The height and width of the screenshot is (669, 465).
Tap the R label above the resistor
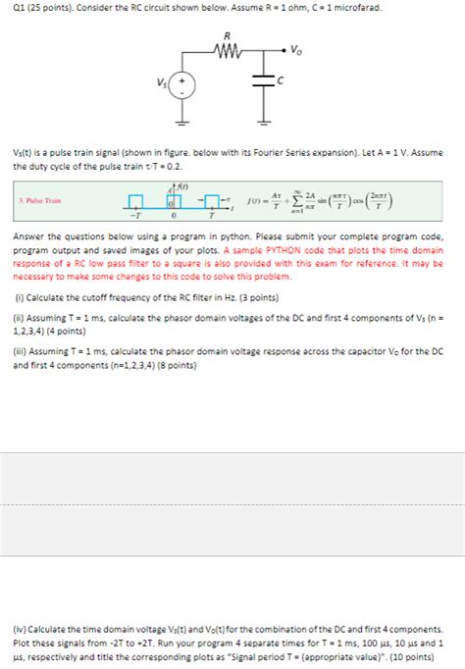point(227,35)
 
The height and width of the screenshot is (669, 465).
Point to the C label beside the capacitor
point(281,82)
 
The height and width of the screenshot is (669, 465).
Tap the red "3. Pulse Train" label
point(40,200)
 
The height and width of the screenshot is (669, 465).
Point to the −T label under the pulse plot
point(135,217)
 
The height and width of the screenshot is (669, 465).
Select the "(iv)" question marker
point(21,629)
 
